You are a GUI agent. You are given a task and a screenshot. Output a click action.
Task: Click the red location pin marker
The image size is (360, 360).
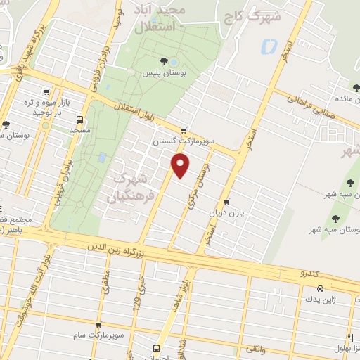point(181,166)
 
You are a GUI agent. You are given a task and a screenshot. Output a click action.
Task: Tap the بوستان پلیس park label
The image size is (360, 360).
point(165,73)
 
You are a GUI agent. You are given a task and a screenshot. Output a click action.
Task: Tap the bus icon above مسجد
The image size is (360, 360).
point(79,120)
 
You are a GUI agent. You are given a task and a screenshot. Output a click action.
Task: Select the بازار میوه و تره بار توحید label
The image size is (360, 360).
point(47,107)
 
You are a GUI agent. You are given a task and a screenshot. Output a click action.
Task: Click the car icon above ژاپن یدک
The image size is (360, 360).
point(320,289)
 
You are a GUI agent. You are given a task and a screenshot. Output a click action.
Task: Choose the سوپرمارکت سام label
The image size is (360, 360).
point(103,335)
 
